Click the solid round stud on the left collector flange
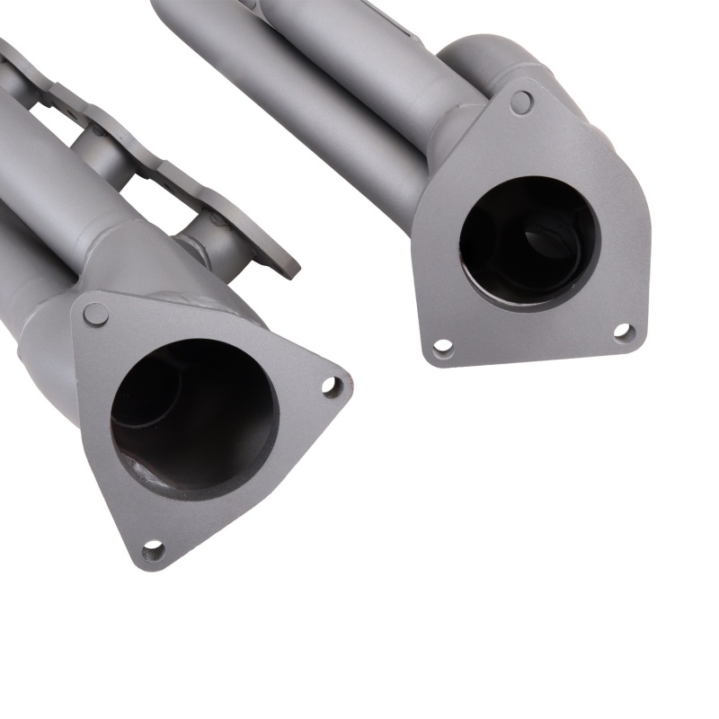click(95, 314)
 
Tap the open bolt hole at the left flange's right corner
click(331, 386)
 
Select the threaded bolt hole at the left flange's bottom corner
click(153, 547)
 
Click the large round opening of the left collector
click(193, 418)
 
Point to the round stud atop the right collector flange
click(520, 102)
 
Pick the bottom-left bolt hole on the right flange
click(442, 346)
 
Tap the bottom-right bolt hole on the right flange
click(625, 333)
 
